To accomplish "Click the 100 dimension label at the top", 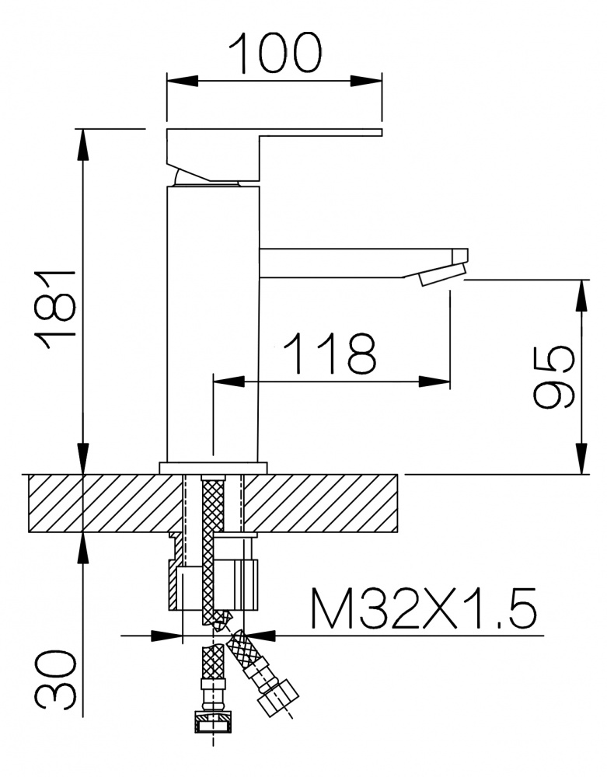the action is tap(278, 52).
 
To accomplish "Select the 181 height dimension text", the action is tap(54, 310).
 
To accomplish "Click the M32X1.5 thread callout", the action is tap(423, 608).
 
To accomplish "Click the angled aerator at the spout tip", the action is tap(442, 274).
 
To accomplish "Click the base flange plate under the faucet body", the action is tap(213, 468).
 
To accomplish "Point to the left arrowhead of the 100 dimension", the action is tap(183, 81).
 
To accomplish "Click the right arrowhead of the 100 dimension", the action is tap(367, 81).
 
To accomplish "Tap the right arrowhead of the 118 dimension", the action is tap(434, 382).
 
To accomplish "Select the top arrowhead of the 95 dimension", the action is tap(583, 296).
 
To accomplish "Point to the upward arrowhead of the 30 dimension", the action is tap(83, 549).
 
